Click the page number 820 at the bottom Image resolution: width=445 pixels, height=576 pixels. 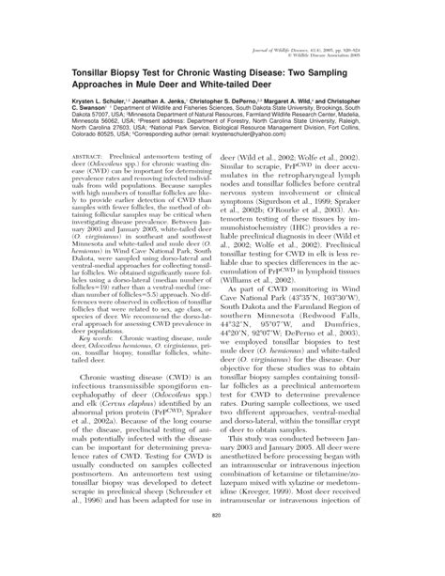point(222,542)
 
